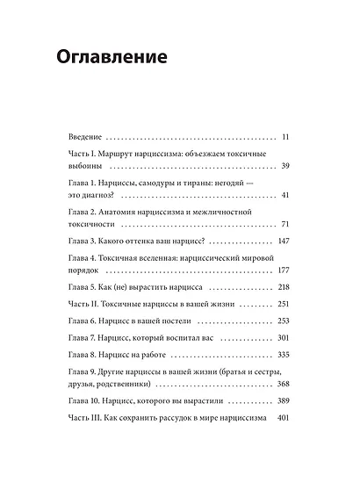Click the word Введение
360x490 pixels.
85,138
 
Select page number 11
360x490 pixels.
284,138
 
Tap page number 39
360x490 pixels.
284,166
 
